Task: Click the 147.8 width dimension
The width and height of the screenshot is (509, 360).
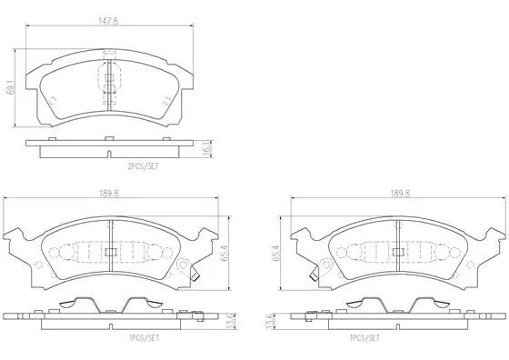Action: (108, 22)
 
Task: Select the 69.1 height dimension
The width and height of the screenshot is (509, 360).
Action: (11, 87)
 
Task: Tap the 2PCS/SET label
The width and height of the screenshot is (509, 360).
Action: (144, 166)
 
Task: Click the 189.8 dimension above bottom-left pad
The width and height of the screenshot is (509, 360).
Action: (109, 194)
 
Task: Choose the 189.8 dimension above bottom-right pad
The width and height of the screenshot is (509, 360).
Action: (400, 194)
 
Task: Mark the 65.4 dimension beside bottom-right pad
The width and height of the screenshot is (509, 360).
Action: (277, 253)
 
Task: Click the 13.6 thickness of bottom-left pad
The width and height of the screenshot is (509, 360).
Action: (231, 322)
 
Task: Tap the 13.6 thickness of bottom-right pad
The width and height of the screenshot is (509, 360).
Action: (270, 322)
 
